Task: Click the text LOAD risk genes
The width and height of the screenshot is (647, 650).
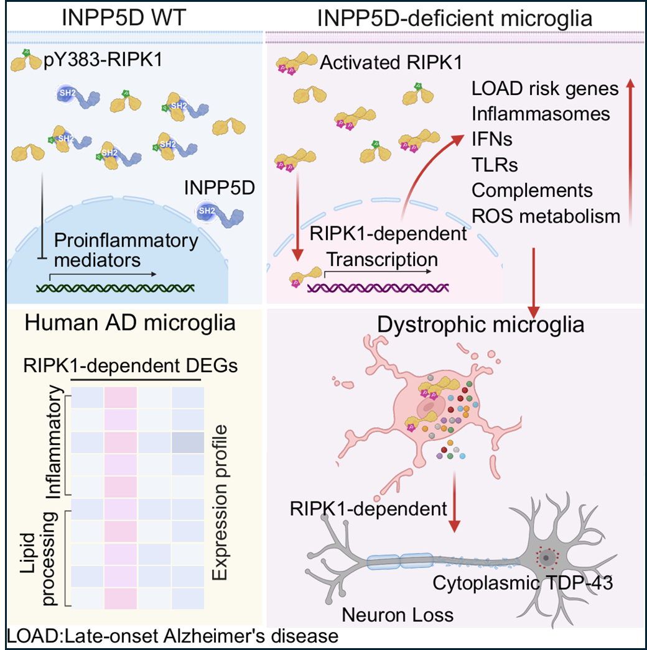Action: (x=545, y=88)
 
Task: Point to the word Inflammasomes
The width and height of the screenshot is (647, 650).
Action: (x=540, y=114)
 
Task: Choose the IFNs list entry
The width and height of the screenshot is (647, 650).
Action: (x=491, y=139)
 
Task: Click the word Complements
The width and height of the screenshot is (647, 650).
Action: (x=532, y=190)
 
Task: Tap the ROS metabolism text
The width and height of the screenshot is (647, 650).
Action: (x=546, y=216)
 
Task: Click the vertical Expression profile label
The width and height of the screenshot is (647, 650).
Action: (x=221, y=503)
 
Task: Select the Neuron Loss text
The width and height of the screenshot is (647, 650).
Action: (x=398, y=615)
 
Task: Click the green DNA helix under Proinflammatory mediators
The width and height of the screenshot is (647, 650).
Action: (x=116, y=286)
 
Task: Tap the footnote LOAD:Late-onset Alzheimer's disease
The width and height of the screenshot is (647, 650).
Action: (x=174, y=636)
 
